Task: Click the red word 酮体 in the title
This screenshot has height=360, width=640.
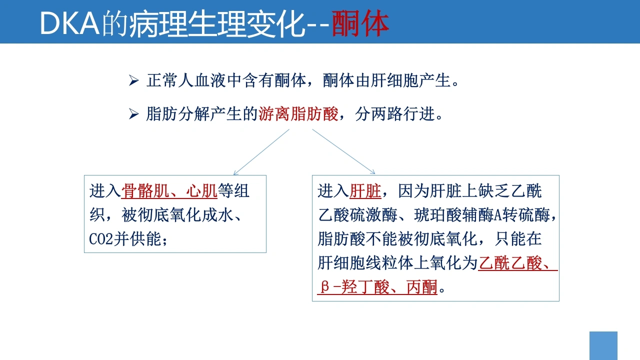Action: point(360,23)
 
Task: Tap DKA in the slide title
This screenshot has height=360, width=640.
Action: point(69,23)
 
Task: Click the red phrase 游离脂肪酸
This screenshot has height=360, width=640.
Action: point(298,114)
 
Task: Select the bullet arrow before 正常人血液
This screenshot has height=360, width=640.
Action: point(133,80)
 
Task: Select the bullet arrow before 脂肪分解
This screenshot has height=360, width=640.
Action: point(133,114)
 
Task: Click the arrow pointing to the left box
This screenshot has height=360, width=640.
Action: point(261,152)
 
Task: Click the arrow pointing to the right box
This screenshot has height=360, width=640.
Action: point(343,151)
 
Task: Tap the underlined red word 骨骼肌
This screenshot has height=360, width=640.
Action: point(145,191)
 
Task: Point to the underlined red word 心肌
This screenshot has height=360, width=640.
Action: point(201,191)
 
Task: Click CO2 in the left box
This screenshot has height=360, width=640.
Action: point(101,239)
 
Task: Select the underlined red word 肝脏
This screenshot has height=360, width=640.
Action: point(365,191)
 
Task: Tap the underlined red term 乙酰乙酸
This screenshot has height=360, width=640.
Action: point(509,263)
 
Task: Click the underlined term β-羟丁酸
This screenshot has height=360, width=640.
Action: point(354,287)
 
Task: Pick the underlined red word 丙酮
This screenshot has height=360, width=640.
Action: point(421,287)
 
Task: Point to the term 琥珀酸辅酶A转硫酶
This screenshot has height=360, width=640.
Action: point(482,215)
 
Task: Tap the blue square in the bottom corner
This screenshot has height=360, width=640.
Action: point(603,345)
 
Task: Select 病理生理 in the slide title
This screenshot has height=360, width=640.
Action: point(187,24)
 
